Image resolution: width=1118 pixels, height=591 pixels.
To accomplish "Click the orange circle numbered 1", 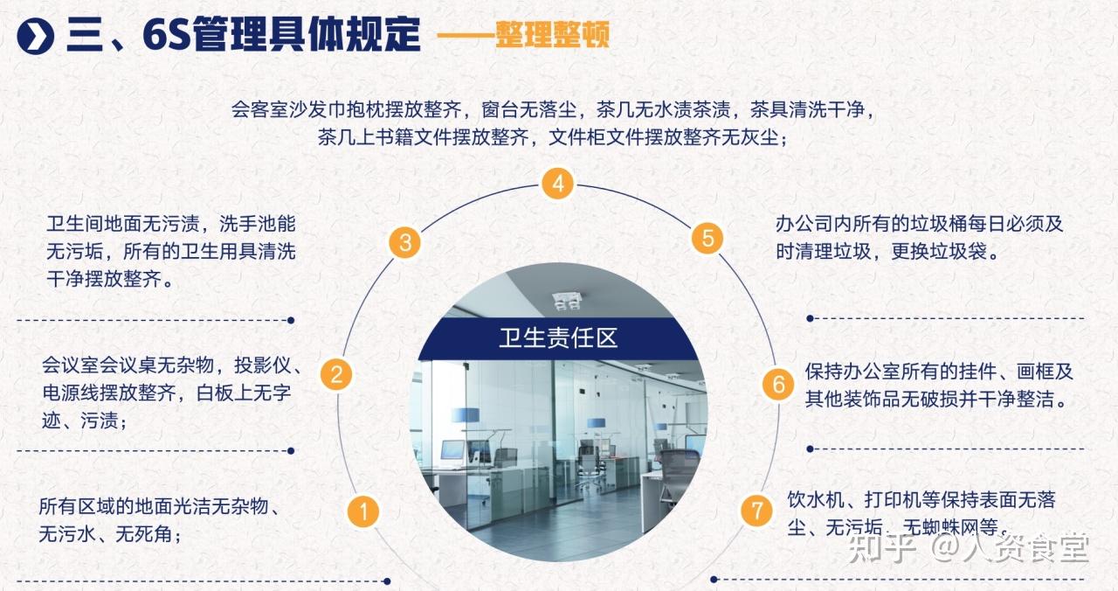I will click(x=363, y=511).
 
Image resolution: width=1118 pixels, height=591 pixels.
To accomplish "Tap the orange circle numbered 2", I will click(x=335, y=374).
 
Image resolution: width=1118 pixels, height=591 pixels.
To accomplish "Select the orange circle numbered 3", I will click(x=404, y=242).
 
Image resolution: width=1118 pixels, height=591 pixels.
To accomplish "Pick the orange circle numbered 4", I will click(x=557, y=184).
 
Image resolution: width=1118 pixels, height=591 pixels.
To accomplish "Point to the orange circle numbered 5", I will click(x=707, y=238).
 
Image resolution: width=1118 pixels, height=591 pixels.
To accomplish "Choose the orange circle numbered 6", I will click(x=777, y=384).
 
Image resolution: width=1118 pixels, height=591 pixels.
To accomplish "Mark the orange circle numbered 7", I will click(x=756, y=511).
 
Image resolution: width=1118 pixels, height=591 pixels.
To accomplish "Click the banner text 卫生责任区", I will click(x=558, y=338).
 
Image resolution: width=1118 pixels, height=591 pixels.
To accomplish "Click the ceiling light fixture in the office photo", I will click(x=567, y=301).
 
